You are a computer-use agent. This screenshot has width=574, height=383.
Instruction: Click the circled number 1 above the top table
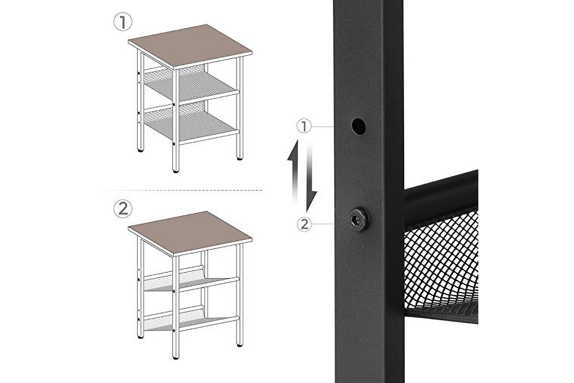123,22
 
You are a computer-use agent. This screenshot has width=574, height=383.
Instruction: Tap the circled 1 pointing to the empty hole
304,126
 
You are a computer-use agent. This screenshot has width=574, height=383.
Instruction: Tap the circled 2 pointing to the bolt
304,224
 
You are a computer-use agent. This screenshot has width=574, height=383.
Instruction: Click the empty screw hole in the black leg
359,126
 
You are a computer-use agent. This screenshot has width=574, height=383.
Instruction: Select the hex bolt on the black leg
359,219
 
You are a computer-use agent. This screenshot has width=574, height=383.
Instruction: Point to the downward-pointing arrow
311,177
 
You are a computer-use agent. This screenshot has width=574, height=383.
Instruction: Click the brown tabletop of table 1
190,47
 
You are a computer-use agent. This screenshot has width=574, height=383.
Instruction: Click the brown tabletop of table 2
190,234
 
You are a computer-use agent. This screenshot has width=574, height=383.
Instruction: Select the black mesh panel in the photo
441,264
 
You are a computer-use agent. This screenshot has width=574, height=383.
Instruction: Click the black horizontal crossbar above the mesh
441,196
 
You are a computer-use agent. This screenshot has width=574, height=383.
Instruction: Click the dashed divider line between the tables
184,190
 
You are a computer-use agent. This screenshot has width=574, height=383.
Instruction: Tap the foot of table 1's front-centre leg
176,171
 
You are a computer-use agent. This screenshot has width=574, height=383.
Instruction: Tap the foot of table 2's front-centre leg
176,357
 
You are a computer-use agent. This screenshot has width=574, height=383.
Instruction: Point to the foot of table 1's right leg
240,159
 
